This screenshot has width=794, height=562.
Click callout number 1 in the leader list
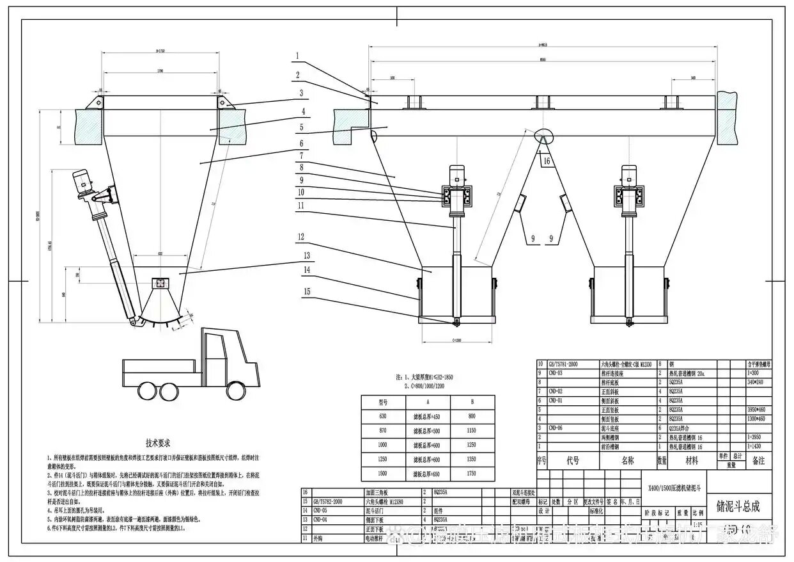tap(297, 56)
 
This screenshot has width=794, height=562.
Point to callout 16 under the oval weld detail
tap(546, 162)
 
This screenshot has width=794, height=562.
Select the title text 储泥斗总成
tap(738, 506)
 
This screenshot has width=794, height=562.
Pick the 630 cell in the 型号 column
tap(384, 416)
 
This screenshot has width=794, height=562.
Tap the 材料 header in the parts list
tap(692, 460)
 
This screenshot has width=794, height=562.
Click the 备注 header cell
tap(758, 460)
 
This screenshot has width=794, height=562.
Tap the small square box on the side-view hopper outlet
tap(159, 282)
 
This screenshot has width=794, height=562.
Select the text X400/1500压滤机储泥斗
tap(673, 487)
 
